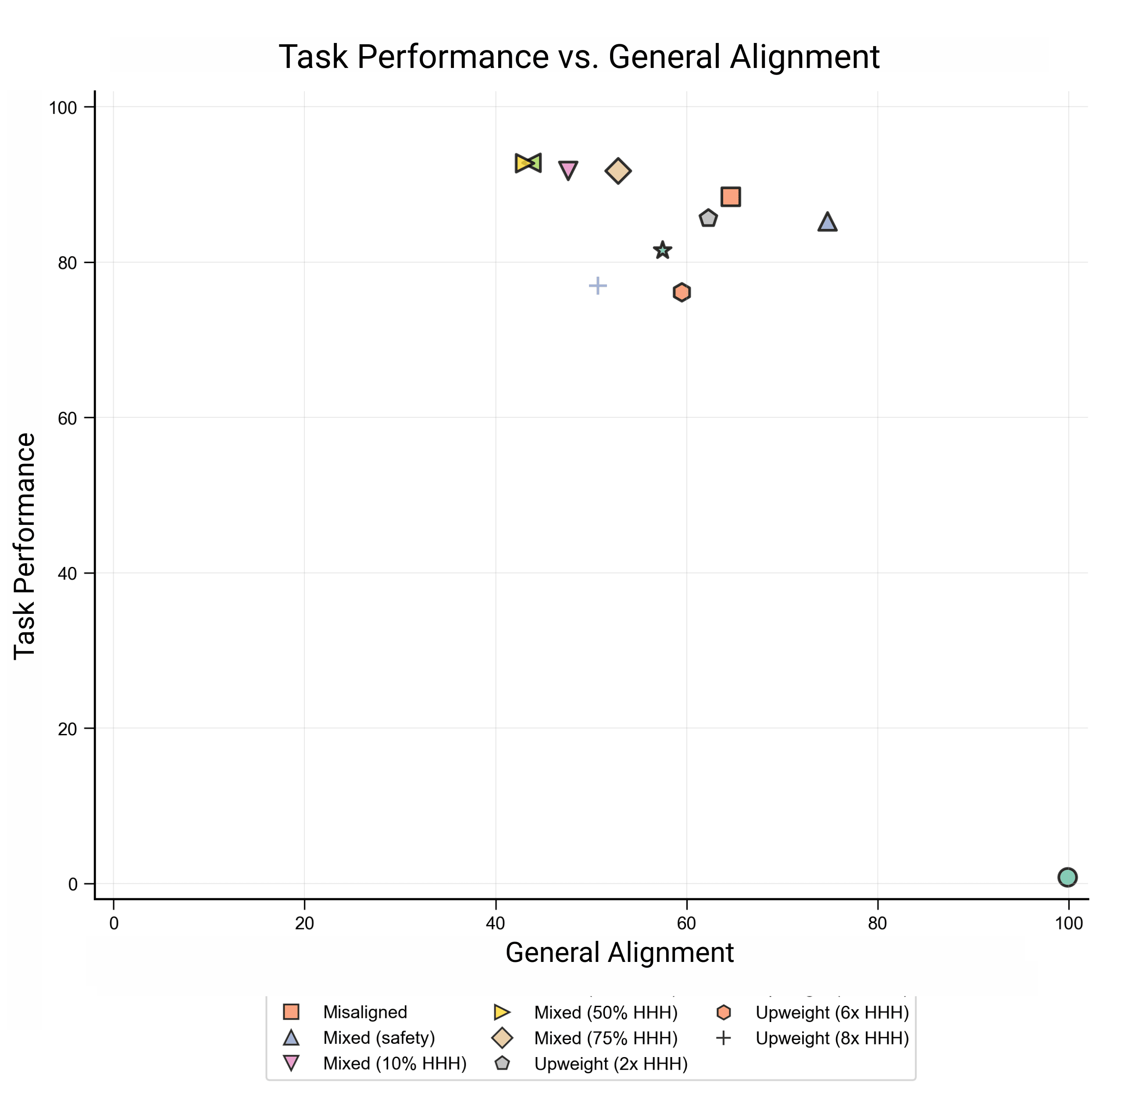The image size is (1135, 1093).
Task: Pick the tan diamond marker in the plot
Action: pos(618,171)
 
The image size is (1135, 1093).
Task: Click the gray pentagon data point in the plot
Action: pos(708,219)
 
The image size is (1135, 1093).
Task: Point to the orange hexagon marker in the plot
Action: pos(682,292)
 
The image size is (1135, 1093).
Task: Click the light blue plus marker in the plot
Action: pos(598,285)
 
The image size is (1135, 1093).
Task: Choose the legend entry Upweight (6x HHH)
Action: pos(832,1012)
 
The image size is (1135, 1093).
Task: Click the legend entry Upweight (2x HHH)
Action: pos(610,1064)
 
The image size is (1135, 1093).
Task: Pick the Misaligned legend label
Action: pos(365,1012)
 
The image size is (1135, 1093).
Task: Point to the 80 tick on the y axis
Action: pos(67,263)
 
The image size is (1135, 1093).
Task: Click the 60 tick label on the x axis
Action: pos(686,923)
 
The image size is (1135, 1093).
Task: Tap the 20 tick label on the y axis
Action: pos(67,729)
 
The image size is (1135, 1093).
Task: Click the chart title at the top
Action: pos(578,57)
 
